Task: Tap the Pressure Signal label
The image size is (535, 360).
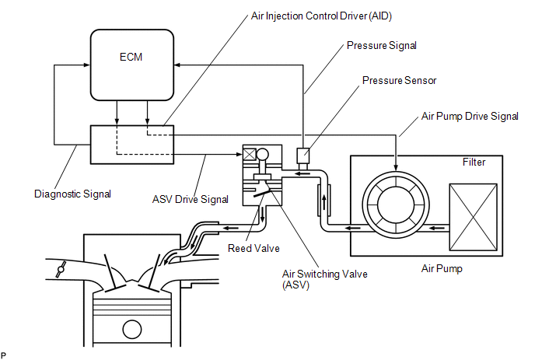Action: click(381, 46)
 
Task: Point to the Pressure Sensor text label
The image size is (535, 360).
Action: click(400, 81)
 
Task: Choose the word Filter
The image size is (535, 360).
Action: click(473, 163)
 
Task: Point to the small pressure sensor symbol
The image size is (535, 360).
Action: click(304, 155)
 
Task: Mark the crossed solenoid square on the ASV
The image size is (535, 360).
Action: click(250, 154)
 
